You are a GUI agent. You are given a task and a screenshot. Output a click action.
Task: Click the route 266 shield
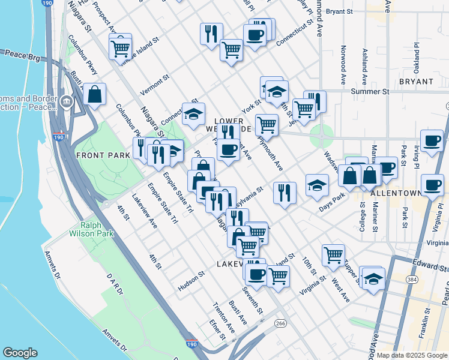tap(280, 323)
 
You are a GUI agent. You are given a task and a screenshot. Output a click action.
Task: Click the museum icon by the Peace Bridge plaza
tap(66, 102)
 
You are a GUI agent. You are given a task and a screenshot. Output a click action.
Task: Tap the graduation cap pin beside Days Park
tap(317, 185)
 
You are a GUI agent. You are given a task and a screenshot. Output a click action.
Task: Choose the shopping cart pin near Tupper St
tap(333, 254)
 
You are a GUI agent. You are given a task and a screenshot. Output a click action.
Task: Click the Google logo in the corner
tap(20, 353)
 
